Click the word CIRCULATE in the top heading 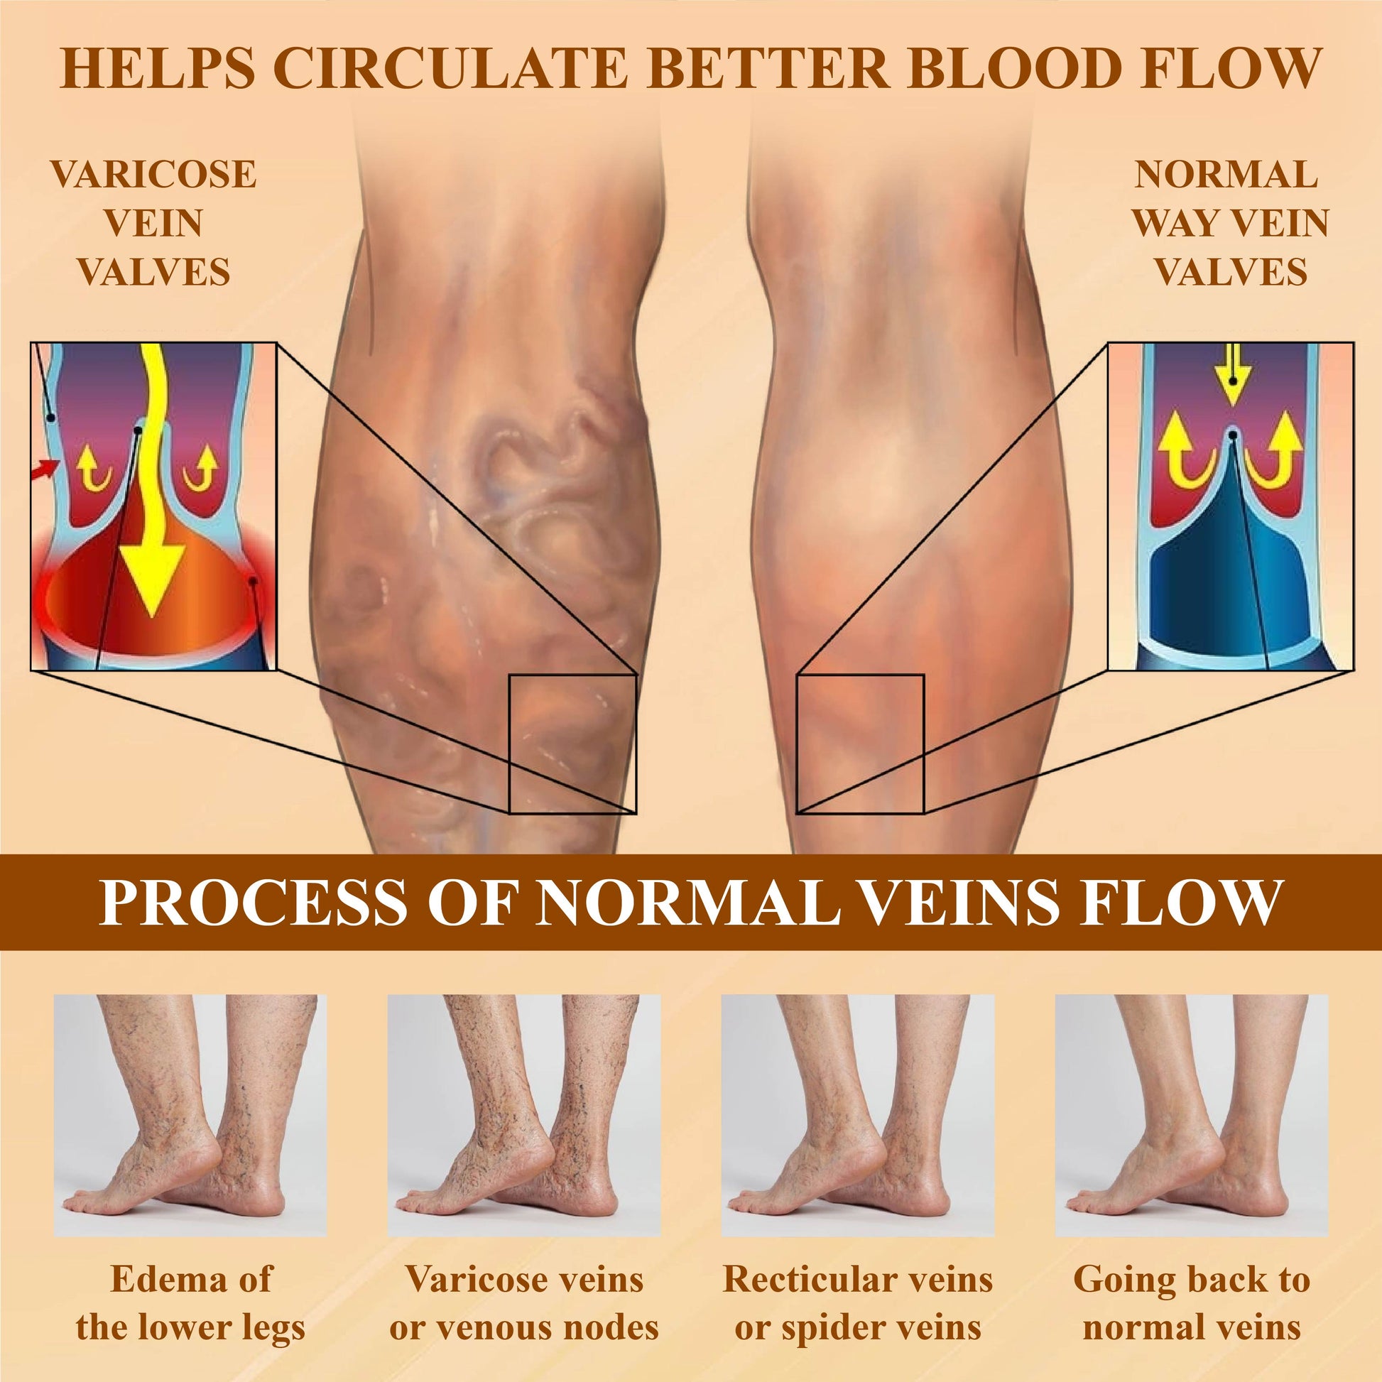(451, 70)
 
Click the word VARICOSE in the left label (153, 175)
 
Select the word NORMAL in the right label (1226, 175)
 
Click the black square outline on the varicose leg (572, 744)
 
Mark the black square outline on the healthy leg (860, 744)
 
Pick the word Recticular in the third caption (804, 1280)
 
